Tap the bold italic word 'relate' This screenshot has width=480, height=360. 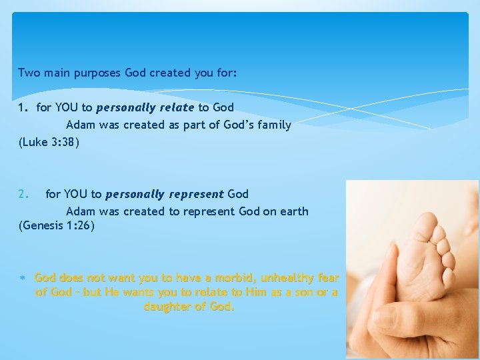pos(176,107)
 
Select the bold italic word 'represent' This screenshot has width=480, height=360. pos(197,194)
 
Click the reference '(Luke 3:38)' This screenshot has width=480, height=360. pos(49,142)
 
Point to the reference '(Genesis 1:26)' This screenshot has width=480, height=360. pos(57,226)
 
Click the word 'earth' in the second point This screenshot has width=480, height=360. pos(293,211)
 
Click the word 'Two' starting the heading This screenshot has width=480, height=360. pos(29,73)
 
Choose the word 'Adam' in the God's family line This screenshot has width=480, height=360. pos(79,125)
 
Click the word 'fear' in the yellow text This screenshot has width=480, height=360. pos(328,278)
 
